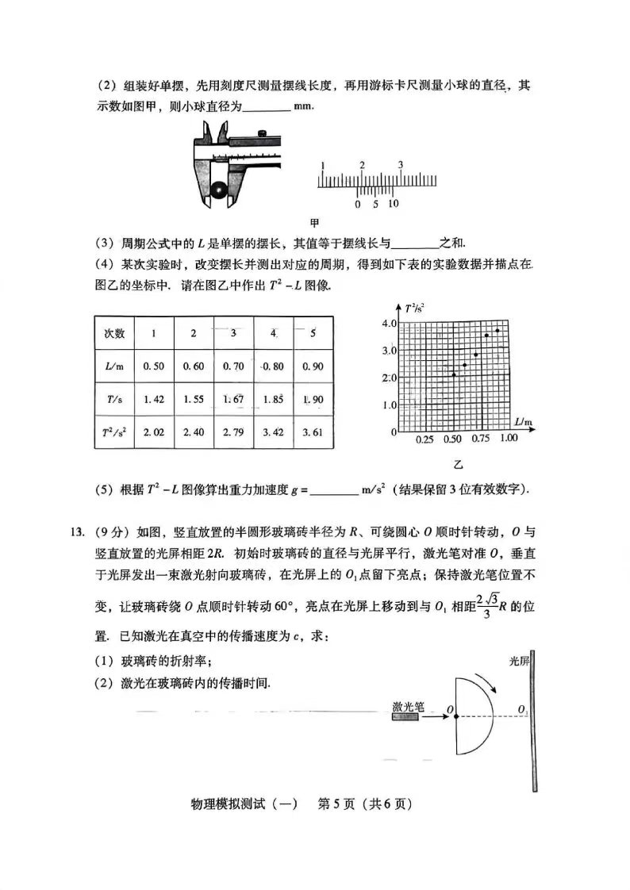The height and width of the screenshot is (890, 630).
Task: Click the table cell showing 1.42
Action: coord(153,399)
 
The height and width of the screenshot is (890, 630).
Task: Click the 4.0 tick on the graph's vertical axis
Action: coord(387,324)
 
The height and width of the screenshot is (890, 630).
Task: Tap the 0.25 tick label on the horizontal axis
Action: coord(424,439)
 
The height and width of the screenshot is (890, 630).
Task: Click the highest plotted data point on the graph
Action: coord(497,330)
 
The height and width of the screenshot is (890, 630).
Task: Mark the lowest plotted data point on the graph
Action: coord(453,374)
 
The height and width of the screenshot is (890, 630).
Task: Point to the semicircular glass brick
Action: coord(474,716)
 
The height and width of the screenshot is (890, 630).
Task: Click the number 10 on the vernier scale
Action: coord(393,204)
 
